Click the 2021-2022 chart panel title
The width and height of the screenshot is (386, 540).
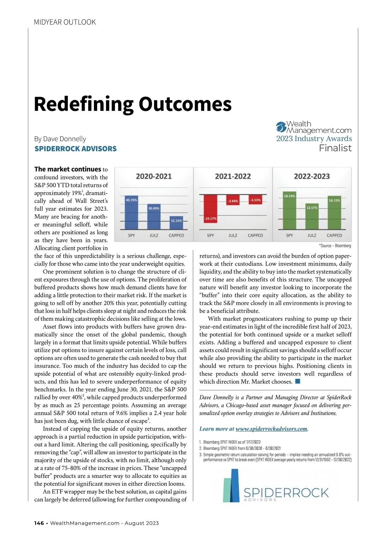pyautogui.click(x=233, y=176)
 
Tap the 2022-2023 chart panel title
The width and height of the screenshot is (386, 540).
pyautogui.click(x=312, y=176)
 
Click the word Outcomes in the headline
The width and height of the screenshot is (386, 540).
pyautogui.click(x=185, y=104)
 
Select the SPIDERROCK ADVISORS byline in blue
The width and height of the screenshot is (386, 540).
pyautogui.click(x=76, y=149)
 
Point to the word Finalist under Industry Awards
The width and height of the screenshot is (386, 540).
pyautogui.click(x=335, y=148)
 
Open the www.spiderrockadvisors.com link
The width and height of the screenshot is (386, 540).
pyautogui.click(x=272, y=429)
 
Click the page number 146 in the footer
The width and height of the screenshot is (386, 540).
pyautogui.click(x=39, y=523)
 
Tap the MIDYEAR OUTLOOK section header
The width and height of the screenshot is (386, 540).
pyautogui.click(x=65, y=22)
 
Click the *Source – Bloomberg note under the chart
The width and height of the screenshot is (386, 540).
pyautogui.click(x=335, y=246)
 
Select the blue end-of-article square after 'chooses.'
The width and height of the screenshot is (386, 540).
pyautogui.click(x=298, y=382)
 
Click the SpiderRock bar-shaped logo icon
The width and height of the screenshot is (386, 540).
pyautogui.click(x=232, y=485)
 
